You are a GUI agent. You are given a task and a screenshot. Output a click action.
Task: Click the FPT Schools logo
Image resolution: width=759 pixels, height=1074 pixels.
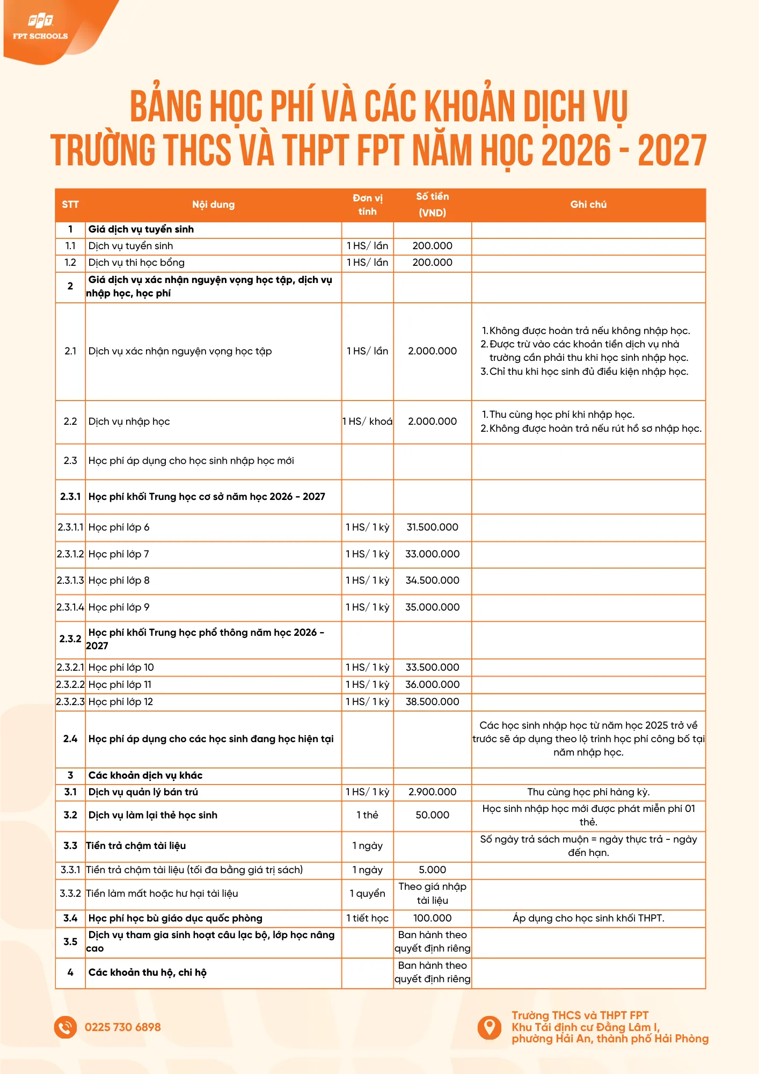(x=41, y=27)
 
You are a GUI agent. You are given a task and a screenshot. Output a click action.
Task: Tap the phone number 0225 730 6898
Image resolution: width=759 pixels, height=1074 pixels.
(x=122, y=1027)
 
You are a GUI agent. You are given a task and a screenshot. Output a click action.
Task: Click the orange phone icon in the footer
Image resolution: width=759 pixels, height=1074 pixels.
(x=65, y=1027)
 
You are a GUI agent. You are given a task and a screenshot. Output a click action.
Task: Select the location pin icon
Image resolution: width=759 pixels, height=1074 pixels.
(x=489, y=1027)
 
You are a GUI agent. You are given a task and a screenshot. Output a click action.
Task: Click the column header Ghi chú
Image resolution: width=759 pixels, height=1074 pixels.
(x=588, y=205)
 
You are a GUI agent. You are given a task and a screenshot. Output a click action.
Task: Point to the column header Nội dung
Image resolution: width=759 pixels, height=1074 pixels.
(x=213, y=205)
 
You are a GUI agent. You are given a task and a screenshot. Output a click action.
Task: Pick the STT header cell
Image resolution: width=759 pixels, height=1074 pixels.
(x=70, y=205)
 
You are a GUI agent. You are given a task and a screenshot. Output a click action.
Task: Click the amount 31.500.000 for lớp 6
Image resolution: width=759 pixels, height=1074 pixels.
(x=432, y=527)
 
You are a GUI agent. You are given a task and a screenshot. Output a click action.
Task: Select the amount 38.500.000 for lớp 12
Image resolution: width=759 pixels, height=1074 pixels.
(x=432, y=702)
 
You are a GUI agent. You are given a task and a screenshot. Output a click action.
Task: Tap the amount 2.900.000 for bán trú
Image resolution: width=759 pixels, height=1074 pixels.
(x=432, y=792)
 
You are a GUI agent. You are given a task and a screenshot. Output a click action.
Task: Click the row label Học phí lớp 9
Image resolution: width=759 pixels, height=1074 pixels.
(x=119, y=607)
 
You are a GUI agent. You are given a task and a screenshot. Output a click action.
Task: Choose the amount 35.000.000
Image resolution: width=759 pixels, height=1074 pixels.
(x=432, y=607)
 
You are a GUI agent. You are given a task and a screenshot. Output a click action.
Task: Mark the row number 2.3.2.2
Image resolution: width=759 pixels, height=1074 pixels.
(x=70, y=685)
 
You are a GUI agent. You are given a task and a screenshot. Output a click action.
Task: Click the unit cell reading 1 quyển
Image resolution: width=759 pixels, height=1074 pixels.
(x=367, y=894)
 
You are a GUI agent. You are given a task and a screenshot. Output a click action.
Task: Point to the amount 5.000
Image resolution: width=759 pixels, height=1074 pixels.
(x=432, y=870)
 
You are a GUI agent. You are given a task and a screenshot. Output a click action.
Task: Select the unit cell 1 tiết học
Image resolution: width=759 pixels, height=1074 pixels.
(x=367, y=918)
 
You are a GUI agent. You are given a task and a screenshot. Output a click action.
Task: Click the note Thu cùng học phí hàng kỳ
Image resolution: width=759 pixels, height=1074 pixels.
(x=588, y=792)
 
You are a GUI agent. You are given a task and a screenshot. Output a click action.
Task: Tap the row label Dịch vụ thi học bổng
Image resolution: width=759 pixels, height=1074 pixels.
(x=136, y=263)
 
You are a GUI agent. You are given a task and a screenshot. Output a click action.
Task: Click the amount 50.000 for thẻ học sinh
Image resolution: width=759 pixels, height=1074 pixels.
(x=432, y=815)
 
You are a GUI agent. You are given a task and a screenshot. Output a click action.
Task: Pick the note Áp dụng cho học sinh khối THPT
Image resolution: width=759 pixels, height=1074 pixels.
(x=588, y=918)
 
